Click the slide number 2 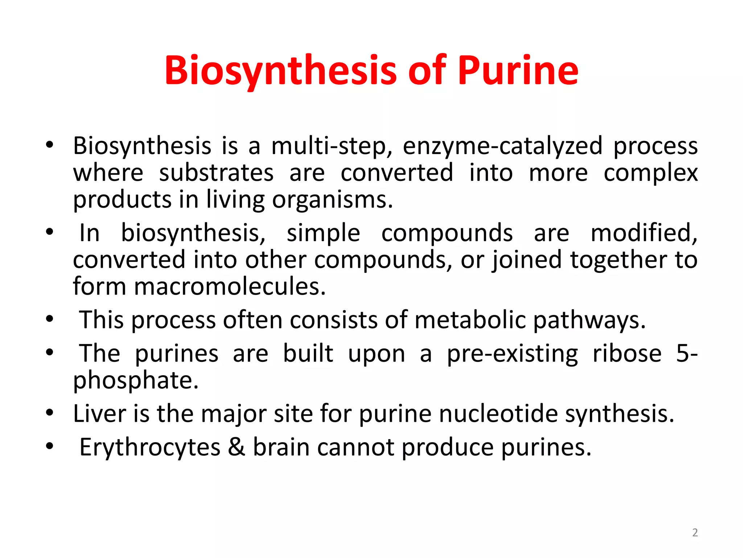pos(695,533)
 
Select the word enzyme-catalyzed pos(502,146)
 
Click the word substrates pos(216,173)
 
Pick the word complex pos(650,173)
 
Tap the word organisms pos(332,200)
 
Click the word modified pos(644,233)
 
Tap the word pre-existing pos(512,354)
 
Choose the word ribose pos(627,353)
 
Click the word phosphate pos(136,381)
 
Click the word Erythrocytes pos(150,448)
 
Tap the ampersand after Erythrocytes pos(237,447)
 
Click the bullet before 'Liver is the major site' pos(50,413)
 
